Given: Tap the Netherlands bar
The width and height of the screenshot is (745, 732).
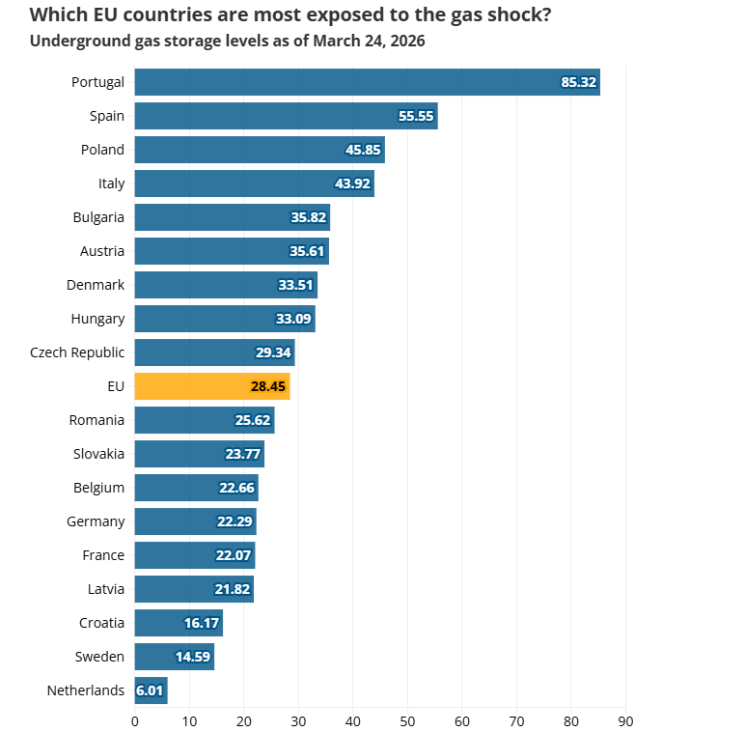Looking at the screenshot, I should (x=151, y=690).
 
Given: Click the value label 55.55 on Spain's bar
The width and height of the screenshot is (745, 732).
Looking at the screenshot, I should (x=417, y=116).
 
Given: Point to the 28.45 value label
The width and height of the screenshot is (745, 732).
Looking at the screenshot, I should (x=269, y=386).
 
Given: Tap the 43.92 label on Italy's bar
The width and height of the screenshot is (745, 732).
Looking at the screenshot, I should (x=352, y=183).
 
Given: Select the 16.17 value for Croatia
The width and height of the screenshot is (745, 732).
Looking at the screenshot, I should (x=202, y=623).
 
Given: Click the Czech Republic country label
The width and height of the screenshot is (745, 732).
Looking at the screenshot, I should (x=77, y=352).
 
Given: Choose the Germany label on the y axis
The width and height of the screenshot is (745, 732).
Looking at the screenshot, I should (x=96, y=521).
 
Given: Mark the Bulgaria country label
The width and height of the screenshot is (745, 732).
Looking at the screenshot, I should (x=98, y=217).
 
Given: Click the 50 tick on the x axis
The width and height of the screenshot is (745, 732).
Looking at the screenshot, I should (x=407, y=719).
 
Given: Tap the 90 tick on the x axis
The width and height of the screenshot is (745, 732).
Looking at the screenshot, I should (x=625, y=719).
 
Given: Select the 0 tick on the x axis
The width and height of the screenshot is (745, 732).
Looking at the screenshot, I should (x=134, y=719).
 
